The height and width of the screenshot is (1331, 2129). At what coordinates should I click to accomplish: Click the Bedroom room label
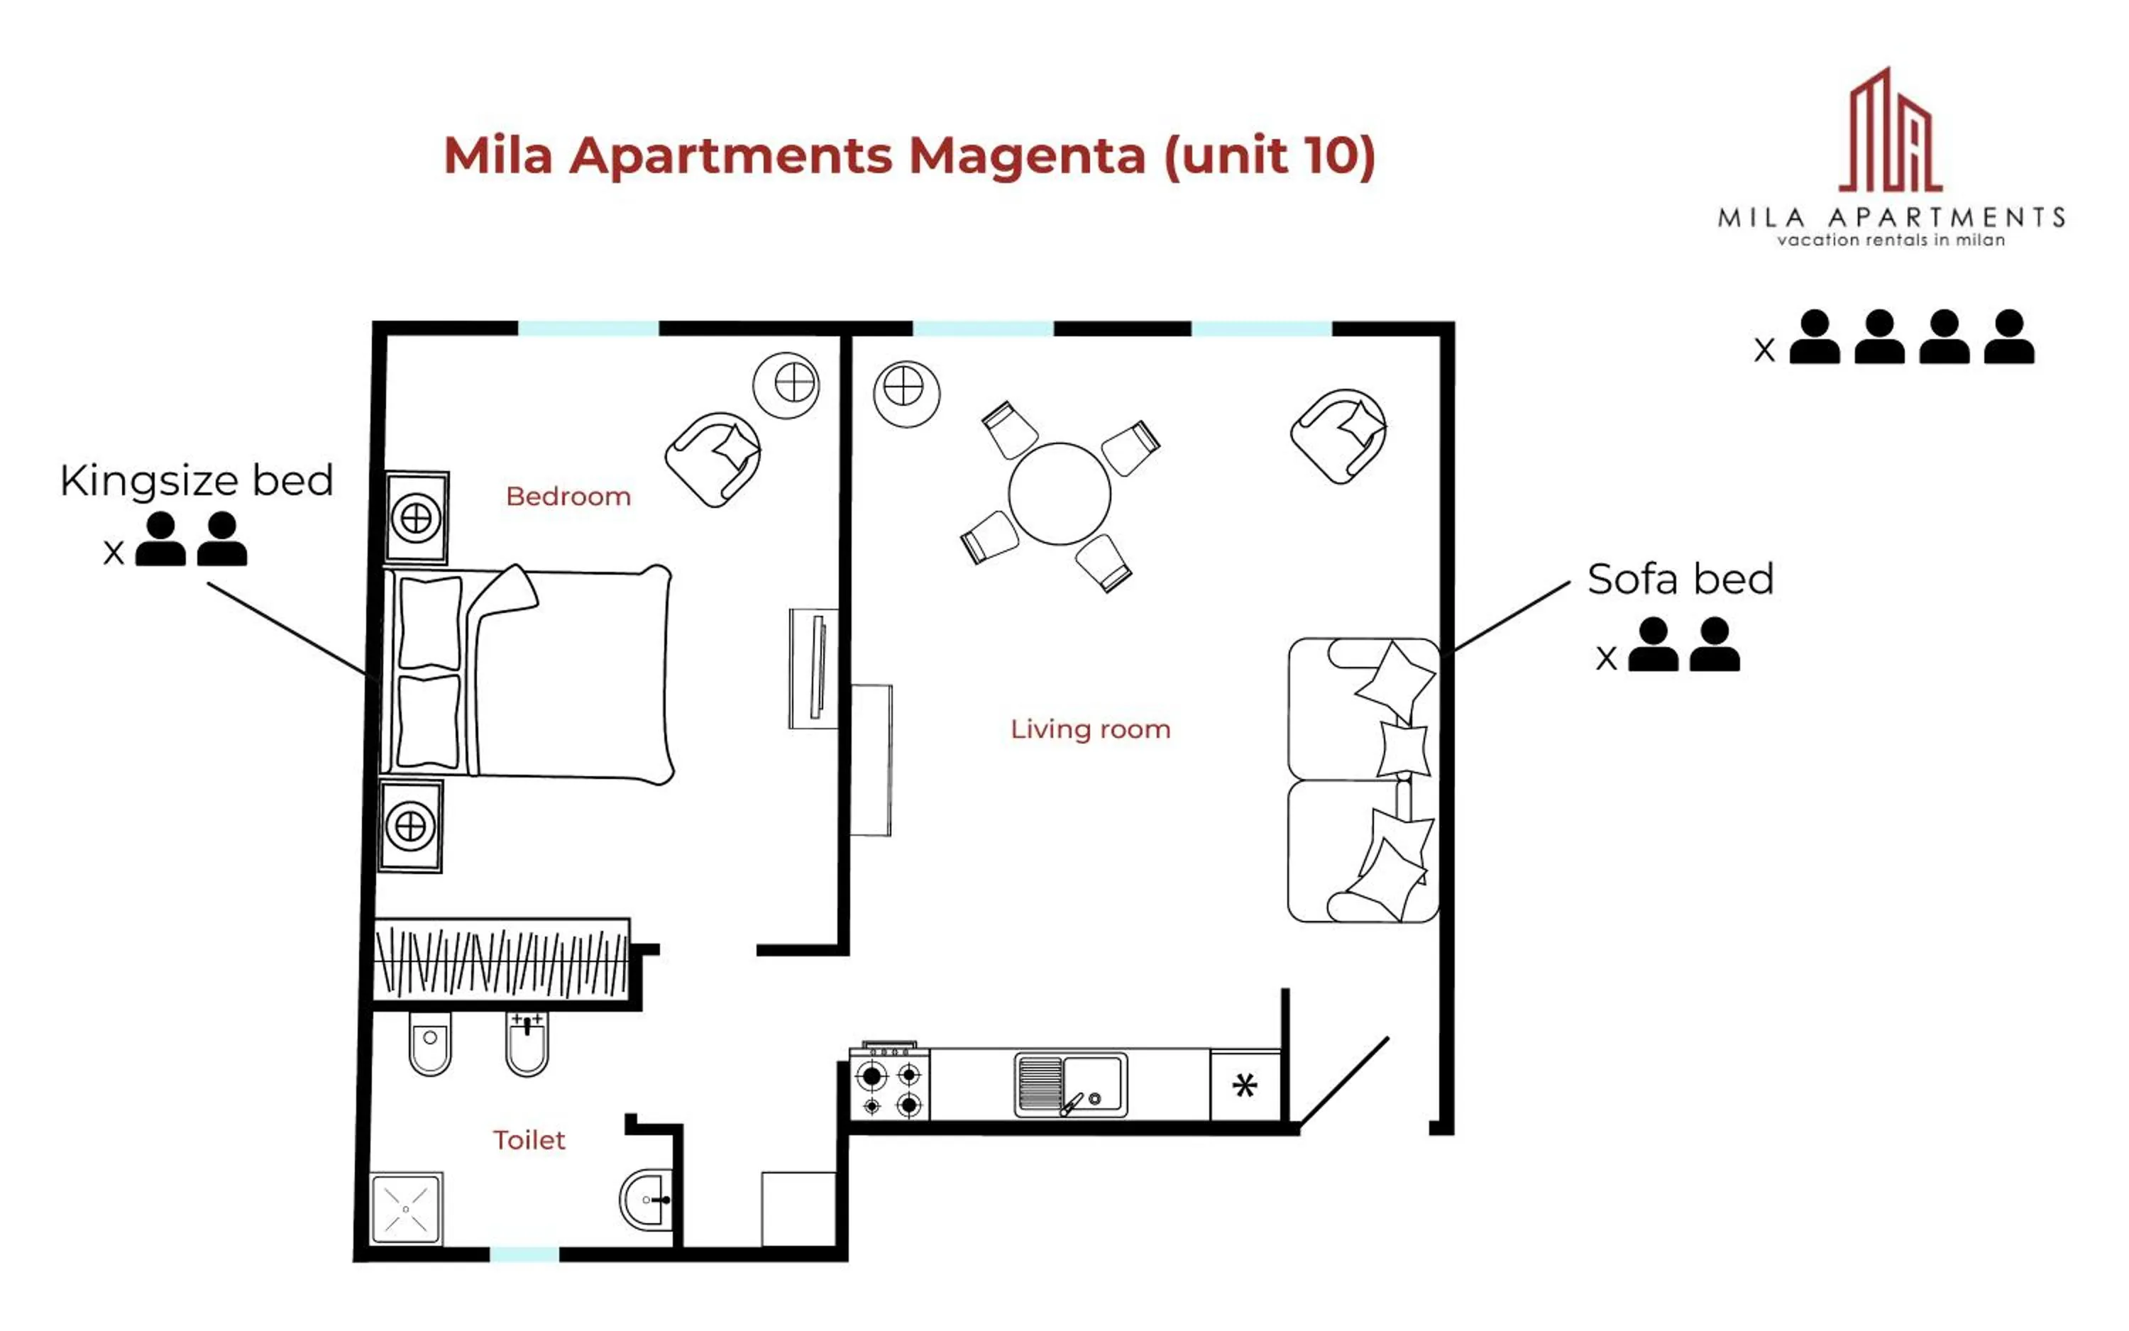tap(568, 497)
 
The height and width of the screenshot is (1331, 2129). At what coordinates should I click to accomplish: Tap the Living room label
tap(1090, 729)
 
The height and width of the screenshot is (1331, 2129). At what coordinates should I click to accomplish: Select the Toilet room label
tap(528, 1140)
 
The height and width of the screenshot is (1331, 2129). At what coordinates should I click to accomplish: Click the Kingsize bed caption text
tap(197, 480)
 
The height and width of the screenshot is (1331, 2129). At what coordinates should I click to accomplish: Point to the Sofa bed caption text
tap(1679, 579)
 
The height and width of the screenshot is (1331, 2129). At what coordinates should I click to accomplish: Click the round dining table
tap(1060, 494)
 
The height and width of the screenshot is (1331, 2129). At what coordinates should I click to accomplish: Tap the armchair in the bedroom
tap(714, 458)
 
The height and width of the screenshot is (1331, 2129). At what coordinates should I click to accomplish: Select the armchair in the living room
tap(1339, 436)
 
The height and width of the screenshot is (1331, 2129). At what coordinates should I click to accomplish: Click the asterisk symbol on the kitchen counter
tap(1244, 1086)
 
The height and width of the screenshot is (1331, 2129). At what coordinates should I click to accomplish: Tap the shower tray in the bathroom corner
tap(406, 1209)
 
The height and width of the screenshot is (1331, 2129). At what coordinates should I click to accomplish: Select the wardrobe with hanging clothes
tap(501, 961)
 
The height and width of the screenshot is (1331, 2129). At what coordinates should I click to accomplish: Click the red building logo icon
tap(1891, 132)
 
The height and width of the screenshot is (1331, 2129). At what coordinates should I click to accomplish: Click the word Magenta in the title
tap(1027, 156)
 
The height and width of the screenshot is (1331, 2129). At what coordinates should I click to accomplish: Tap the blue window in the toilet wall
tap(524, 1254)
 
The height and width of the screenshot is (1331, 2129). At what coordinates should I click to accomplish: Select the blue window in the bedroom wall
tap(588, 328)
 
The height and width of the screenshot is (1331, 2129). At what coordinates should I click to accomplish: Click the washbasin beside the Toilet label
tap(649, 1199)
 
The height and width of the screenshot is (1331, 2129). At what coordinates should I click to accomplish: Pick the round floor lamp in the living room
tap(906, 394)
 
